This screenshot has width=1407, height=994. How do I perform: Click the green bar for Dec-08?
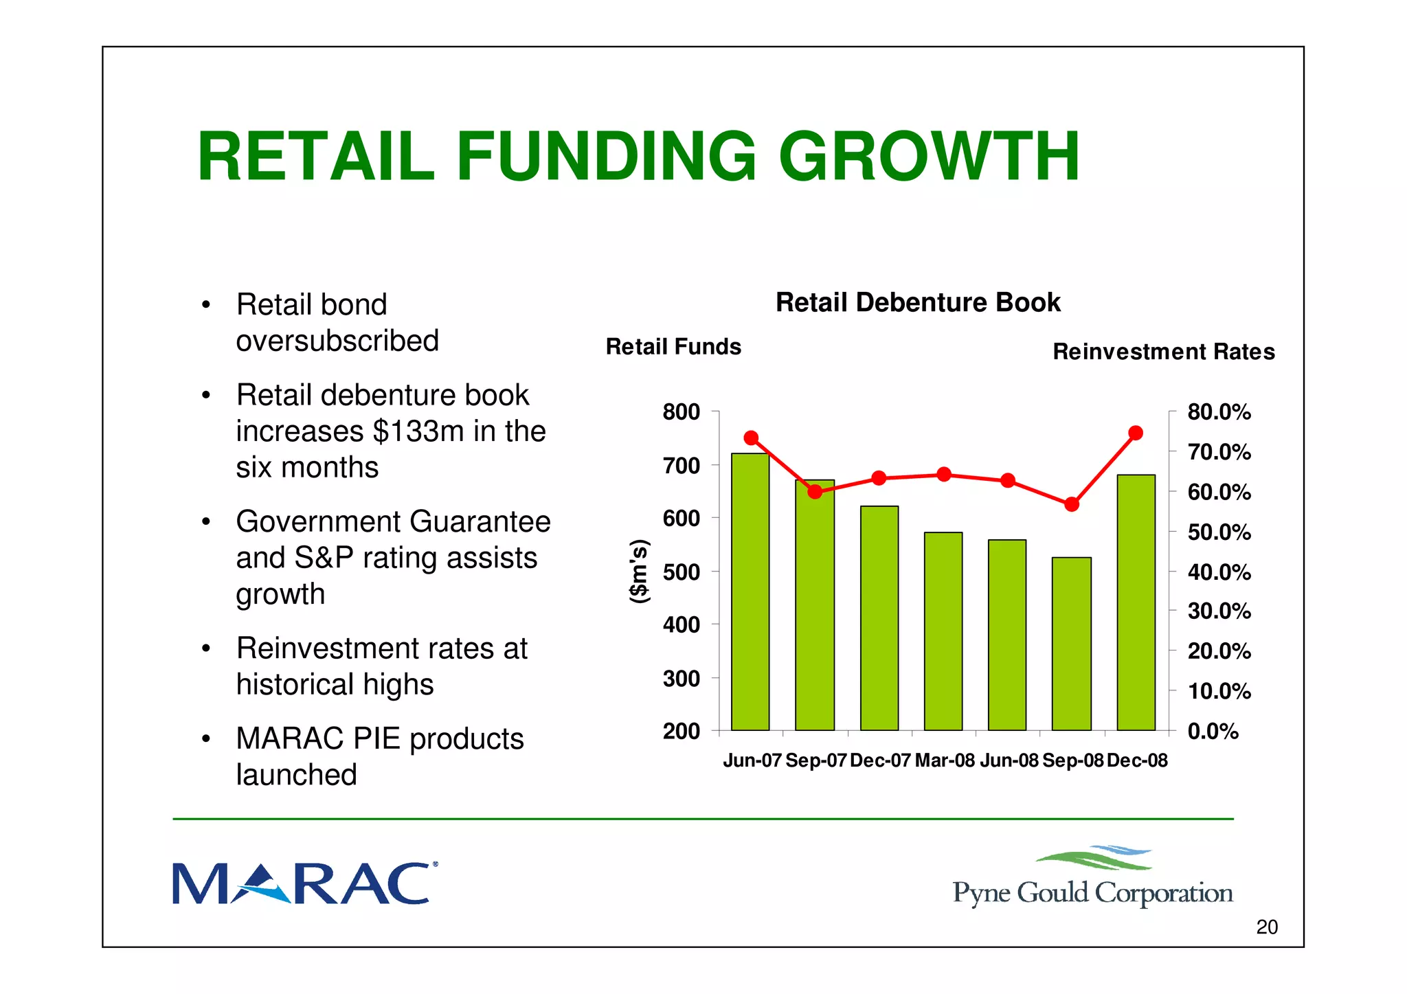pos(1136,602)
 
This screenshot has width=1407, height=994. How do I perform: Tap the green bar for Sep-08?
pos(1071,643)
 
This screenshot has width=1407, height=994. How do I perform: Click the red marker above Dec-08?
pos(1136,433)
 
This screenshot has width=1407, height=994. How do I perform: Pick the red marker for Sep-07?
pos(815,491)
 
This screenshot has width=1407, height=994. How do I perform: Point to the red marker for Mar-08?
pos(944,474)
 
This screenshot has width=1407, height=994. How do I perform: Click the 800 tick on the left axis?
pos(681,412)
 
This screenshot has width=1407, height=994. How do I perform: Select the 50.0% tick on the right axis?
pos(1219,532)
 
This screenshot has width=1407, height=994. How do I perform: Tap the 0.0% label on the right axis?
pos(1213,731)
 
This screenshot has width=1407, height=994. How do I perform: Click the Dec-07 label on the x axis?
pos(879,760)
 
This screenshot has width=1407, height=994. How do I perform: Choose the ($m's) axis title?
pos(639,572)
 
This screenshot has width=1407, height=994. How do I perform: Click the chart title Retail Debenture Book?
pos(918,302)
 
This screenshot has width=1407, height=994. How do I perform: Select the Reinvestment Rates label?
pos(1163,352)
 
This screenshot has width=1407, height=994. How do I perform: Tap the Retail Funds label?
pos(673,347)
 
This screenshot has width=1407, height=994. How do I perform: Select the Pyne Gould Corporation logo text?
pos(1092,892)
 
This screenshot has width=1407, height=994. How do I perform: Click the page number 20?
pos(1266,927)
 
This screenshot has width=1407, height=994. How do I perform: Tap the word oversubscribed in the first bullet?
pos(337,341)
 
